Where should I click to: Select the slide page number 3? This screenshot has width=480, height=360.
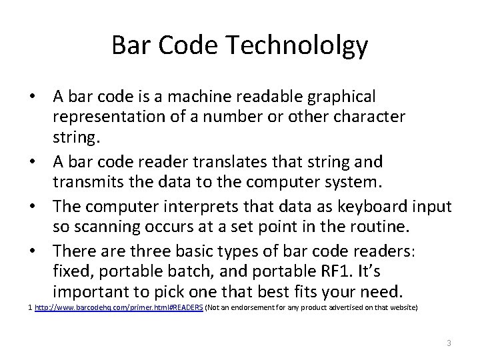coord(449,343)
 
